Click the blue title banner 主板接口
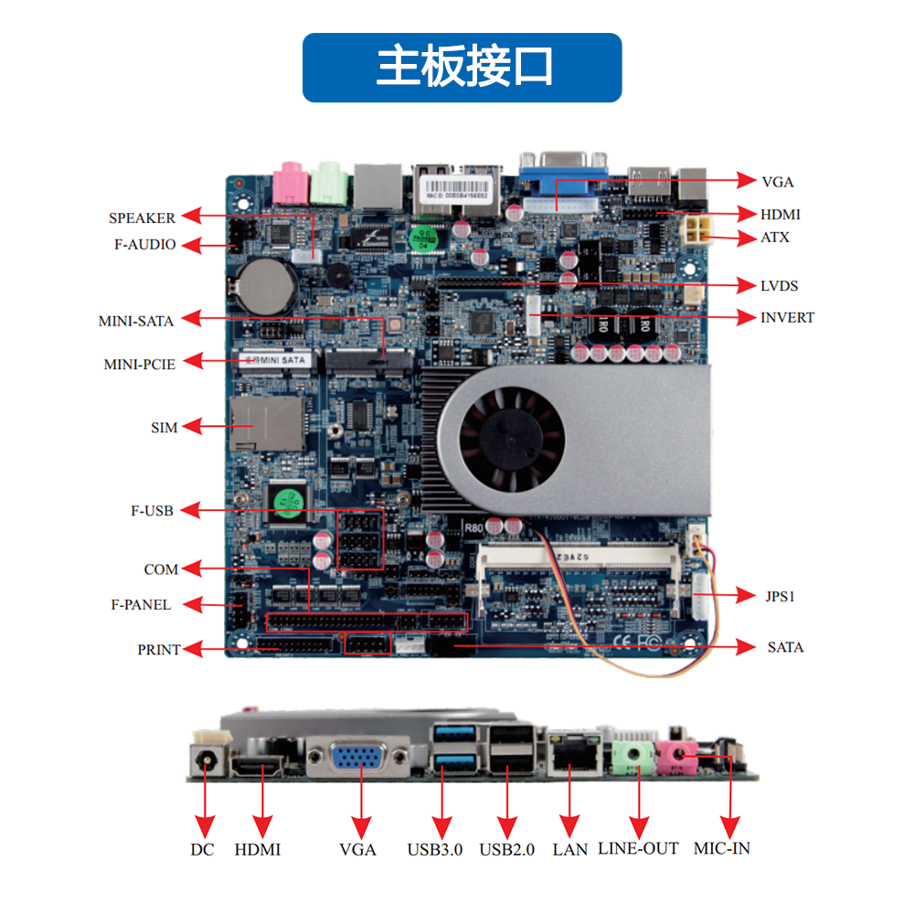tap(462, 68)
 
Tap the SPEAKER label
tap(142, 218)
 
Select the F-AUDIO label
tap(144, 244)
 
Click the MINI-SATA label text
tap(136, 321)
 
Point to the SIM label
tap(164, 428)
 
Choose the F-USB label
tap(152, 511)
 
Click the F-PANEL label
tap(141, 604)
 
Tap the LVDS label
tap(779, 285)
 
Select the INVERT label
tap(787, 318)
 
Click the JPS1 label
tap(780, 596)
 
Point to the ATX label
tap(775, 238)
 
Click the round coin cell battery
tap(268, 287)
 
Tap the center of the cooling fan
tap(512, 439)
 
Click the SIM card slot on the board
tap(267, 423)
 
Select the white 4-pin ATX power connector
tap(698, 231)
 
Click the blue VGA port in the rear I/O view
tap(358, 758)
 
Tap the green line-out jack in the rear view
tap(632, 757)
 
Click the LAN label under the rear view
tap(569, 850)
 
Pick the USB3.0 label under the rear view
tap(435, 850)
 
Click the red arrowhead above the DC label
tap(205, 827)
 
